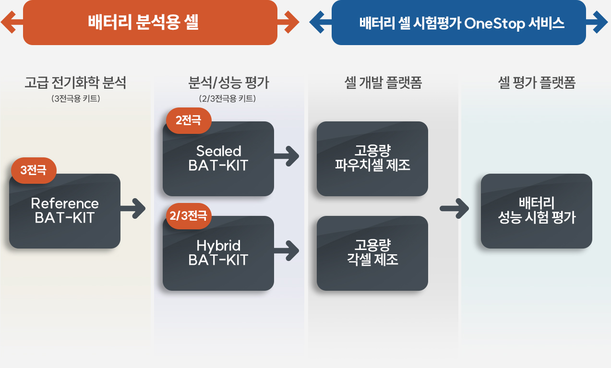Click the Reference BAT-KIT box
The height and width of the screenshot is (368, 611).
click(65, 211)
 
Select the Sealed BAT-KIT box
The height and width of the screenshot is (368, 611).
click(218, 159)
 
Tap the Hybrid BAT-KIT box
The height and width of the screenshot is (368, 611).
click(218, 253)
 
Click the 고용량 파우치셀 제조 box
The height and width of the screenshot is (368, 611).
click(372, 159)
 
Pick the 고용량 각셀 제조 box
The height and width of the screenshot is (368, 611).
click(372, 253)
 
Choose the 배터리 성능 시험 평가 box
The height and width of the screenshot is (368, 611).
click(537, 211)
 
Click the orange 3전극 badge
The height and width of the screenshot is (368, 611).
click(34, 170)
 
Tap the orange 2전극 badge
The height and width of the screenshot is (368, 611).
click(189, 120)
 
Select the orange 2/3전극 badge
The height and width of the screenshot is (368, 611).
click(189, 216)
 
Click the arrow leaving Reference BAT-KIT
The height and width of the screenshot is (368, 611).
click(133, 209)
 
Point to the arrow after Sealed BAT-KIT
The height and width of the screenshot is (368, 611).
click(287, 156)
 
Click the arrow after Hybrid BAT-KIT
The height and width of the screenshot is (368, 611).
click(287, 251)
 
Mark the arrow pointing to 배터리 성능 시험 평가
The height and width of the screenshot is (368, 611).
click(455, 209)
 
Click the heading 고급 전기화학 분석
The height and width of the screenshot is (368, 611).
click(75, 83)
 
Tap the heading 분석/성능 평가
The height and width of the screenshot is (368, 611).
click(228, 83)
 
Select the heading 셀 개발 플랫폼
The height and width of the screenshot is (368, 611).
click(383, 83)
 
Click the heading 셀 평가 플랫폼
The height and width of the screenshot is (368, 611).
click(537, 83)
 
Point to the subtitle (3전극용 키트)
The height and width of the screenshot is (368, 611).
click(75, 98)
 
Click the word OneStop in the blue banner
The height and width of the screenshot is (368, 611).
click(494, 24)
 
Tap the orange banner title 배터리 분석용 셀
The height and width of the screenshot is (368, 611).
click(143, 22)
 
